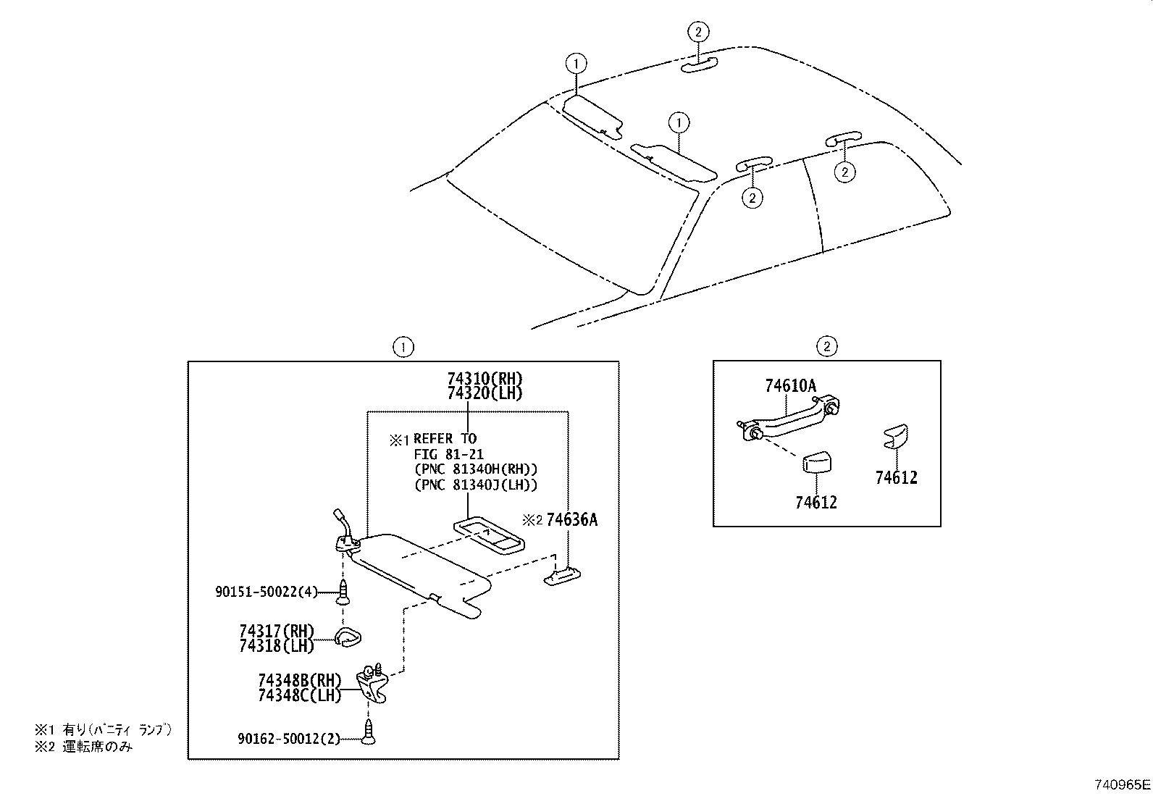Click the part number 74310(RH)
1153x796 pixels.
tap(485, 379)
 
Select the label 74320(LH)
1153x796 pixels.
tap(485, 393)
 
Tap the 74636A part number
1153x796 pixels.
tap(571, 520)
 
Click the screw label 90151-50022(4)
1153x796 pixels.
tap(267, 592)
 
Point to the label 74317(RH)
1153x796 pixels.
tap(277, 631)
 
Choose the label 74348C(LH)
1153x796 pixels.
tap(299, 695)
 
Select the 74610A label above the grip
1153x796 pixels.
tap(790, 386)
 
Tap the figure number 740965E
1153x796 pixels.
tap(1122, 784)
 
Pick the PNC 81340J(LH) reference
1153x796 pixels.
tap(476, 485)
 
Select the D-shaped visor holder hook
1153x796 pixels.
tap(348, 638)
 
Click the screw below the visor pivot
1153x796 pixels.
tap(343, 592)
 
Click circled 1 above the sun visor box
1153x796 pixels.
tap(403, 347)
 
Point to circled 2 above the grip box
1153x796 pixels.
tap(826, 346)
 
